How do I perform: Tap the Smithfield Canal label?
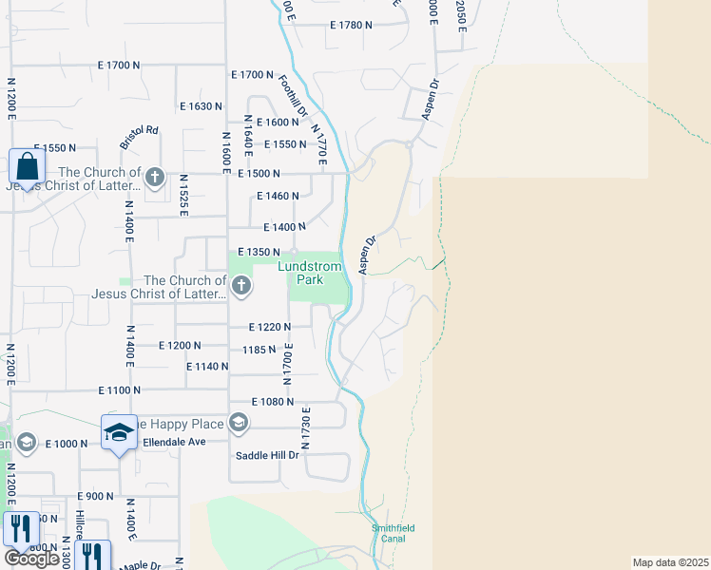point(394,533)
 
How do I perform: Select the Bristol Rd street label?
point(139,137)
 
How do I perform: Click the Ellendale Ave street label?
point(174,443)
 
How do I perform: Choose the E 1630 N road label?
point(199,106)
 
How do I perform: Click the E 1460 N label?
point(279,197)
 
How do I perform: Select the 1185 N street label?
point(259,350)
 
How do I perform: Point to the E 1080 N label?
point(273,402)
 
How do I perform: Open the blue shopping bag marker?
point(28,167)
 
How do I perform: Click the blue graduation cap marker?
point(120,432)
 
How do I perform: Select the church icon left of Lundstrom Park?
point(241,285)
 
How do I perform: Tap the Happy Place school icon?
point(238,424)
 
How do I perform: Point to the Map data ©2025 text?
point(670,562)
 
